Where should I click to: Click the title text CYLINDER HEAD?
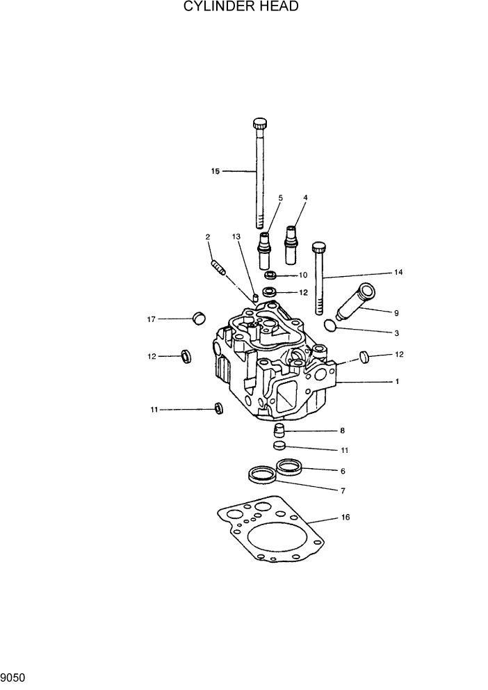241,7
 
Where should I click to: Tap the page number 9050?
13,676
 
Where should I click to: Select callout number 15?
215,170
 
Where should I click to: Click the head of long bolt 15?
260,125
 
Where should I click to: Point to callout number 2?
208,238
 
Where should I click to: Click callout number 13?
236,237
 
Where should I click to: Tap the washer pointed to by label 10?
271,275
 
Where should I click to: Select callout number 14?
398,272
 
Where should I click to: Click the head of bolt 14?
319,247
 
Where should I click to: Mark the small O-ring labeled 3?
331,324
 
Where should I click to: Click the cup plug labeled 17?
199,319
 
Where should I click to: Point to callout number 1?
397,382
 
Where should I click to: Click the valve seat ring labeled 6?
290,467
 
